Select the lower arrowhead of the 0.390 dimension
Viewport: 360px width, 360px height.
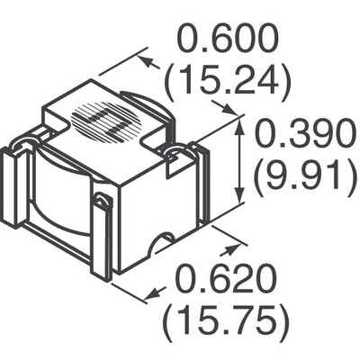(240, 200)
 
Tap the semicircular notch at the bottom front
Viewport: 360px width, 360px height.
(164, 243)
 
